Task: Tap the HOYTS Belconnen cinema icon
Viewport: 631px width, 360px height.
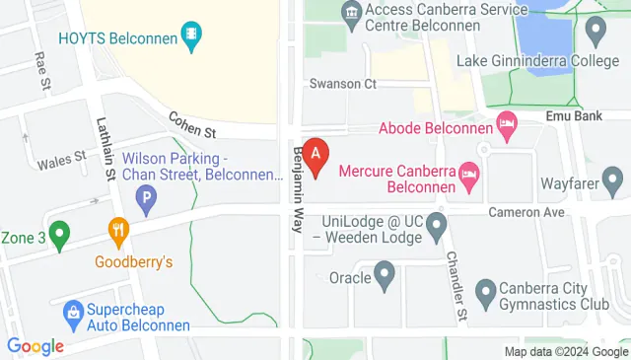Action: (192, 37)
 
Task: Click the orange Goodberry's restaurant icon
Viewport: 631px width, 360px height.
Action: (119, 233)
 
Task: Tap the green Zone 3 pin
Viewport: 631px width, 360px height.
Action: (60, 237)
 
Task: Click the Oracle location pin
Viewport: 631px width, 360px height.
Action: (386, 277)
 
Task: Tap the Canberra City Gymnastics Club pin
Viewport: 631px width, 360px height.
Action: (485, 293)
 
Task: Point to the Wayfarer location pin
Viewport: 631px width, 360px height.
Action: (612, 181)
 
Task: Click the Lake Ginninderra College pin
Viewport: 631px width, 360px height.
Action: (595, 33)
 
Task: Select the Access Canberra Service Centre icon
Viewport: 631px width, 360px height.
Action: (349, 13)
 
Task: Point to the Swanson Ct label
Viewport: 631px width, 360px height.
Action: (343, 84)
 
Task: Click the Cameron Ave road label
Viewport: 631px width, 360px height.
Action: (527, 212)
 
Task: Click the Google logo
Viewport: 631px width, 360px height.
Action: (35, 346)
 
